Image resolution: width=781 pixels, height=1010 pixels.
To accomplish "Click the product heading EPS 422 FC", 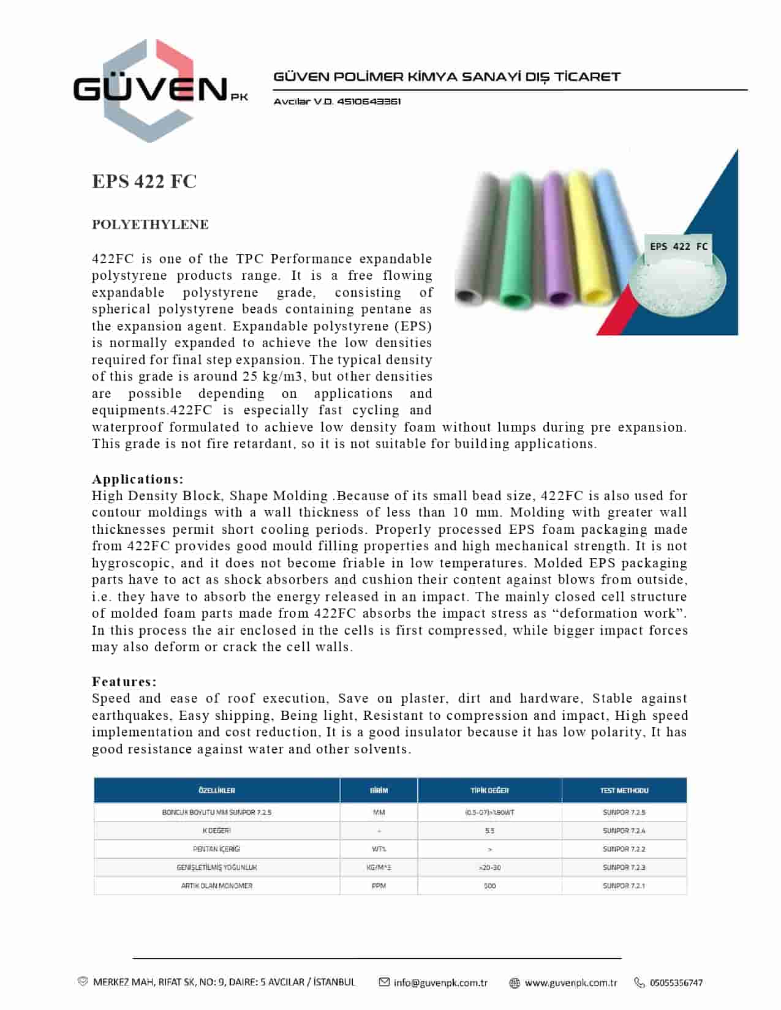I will pos(144,182).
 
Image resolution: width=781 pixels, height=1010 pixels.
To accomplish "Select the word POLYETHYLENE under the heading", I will pos(150,225).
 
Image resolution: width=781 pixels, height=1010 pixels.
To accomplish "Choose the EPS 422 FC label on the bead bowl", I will pos(678,247).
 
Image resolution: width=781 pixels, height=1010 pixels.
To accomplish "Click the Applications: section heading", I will pos(138,479).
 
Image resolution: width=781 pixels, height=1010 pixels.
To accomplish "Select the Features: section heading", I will pos(124,682).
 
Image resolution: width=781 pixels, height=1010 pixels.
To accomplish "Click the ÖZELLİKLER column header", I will pos(217,791).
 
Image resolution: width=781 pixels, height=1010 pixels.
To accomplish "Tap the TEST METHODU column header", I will pos(624,791).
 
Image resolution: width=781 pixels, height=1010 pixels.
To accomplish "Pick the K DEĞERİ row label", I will pos(217,831).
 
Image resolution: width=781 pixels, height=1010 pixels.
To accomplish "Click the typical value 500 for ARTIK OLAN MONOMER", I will pos(489,886).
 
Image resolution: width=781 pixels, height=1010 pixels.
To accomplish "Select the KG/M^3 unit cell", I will pos(379,868).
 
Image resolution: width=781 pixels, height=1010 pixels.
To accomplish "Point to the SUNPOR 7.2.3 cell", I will pos(624,868).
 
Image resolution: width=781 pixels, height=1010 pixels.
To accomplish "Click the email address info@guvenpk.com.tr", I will pos(440,983).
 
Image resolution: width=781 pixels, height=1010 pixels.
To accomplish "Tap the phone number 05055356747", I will pos(676,983).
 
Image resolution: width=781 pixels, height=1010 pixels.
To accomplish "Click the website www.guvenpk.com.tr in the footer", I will pos(571,983).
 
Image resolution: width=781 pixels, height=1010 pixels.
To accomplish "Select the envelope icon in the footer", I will pos(384,982).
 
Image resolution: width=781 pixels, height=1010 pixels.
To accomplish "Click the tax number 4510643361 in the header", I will pos(369,102).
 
